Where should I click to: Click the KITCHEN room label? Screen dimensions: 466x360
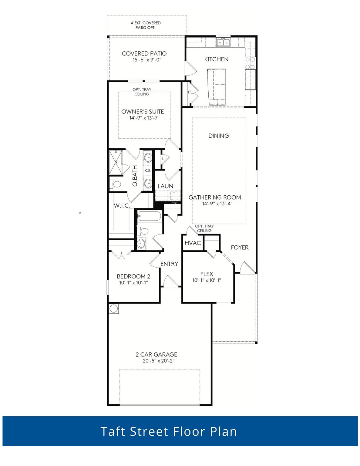(216, 59)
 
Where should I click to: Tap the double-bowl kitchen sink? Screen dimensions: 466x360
(223, 42)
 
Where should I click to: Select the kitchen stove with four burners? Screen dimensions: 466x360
(250, 63)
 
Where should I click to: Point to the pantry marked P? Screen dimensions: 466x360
(189, 92)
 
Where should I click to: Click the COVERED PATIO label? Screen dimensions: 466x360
(144, 53)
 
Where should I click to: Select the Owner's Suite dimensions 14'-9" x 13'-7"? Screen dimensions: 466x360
(143, 118)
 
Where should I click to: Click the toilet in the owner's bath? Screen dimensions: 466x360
(115, 184)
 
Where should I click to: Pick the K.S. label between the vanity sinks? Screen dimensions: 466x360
(148, 171)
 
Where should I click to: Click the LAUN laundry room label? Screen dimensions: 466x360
(165, 186)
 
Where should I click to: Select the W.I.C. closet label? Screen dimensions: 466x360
(122, 206)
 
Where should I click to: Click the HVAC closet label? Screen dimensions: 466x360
(193, 243)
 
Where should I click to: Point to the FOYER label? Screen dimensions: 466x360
(240, 248)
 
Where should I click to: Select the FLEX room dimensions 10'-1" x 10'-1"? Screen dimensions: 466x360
(207, 280)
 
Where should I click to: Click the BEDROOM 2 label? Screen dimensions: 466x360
(133, 276)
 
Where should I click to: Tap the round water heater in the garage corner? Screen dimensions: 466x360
(113, 309)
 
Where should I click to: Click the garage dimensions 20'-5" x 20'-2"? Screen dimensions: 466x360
(156, 361)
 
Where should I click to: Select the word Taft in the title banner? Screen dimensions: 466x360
(113, 431)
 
